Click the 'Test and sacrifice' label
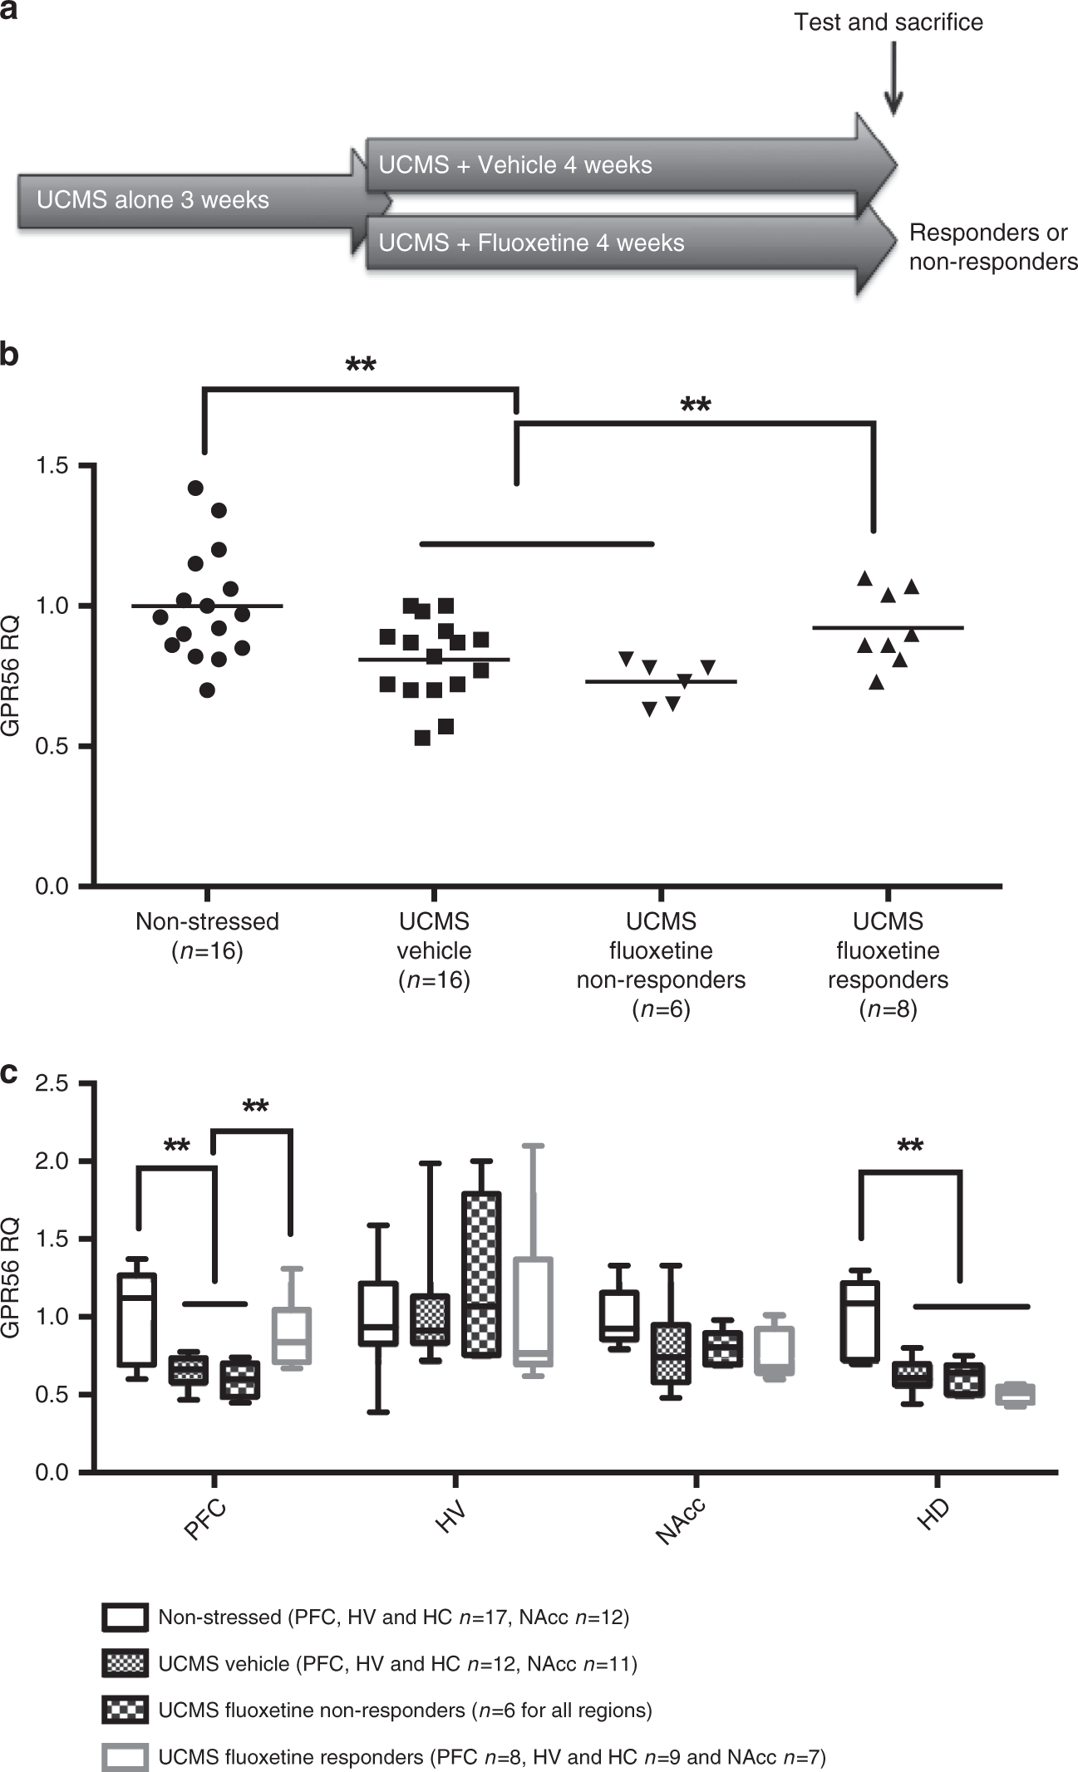click(x=888, y=22)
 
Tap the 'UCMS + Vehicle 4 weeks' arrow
click(x=582, y=165)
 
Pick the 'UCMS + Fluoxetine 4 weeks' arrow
click(x=582, y=243)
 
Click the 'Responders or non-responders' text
click(x=992, y=247)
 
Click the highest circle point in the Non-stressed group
click(x=195, y=488)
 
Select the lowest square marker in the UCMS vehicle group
click(x=422, y=738)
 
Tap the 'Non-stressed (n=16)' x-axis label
click(x=207, y=935)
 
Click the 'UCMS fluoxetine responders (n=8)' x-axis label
click(x=888, y=965)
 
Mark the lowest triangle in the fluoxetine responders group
click(x=876, y=682)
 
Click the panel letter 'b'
click(x=9, y=355)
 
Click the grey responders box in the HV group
click(x=533, y=1312)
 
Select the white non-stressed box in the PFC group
click(x=137, y=1319)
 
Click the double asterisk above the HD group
click(x=910, y=1148)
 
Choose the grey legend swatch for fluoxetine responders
click(x=126, y=1756)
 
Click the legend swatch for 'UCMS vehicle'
click(x=126, y=1663)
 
